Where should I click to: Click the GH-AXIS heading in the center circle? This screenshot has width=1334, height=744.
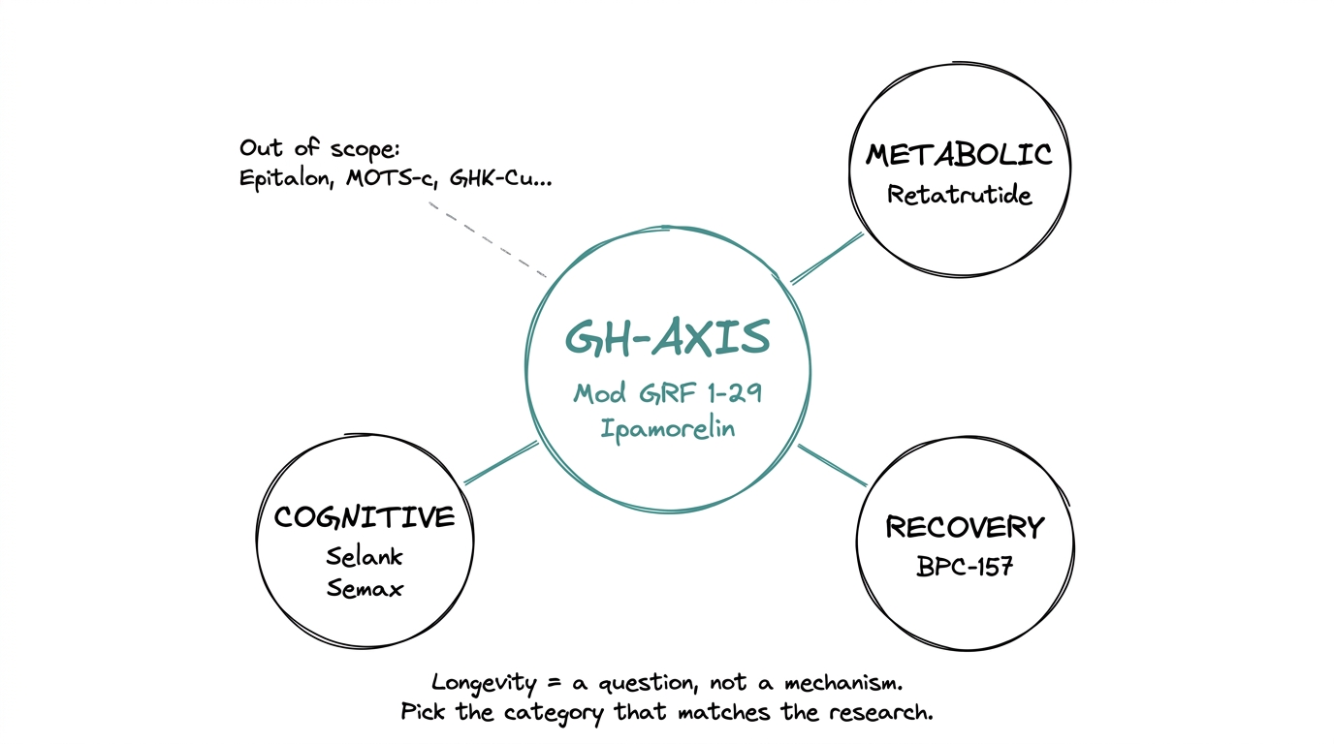tap(668, 338)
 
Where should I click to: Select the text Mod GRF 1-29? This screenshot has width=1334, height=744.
tap(668, 393)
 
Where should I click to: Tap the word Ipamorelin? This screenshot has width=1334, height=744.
tap(667, 427)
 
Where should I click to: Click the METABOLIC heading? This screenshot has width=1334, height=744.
tap(959, 155)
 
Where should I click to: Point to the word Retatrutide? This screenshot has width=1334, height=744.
tap(959, 195)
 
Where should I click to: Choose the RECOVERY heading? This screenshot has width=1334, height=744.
tap(965, 528)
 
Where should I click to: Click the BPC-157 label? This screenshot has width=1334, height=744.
tap(965, 567)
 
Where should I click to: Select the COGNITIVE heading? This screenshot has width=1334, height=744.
tap(365, 517)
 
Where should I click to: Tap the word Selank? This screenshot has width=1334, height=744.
tap(365, 557)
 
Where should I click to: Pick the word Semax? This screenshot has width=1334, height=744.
tap(365, 588)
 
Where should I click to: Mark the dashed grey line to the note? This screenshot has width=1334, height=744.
tap(487, 240)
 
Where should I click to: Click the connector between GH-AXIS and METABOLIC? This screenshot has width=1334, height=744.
tap(827, 258)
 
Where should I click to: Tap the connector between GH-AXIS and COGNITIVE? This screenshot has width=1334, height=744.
tap(501, 462)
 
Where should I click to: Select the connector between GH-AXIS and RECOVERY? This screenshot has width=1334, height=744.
tap(832, 465)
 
